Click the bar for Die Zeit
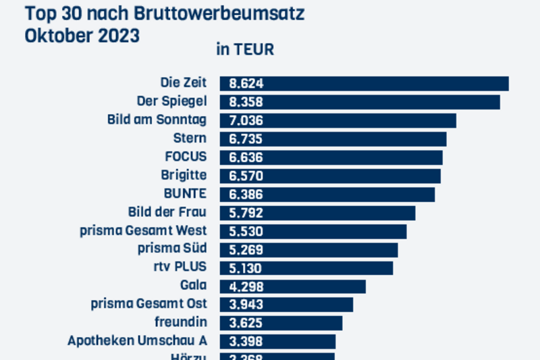coord(364,84)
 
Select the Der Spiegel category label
coord(171,102)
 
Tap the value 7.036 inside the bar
coord(246,121)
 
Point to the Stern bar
coord(333,139)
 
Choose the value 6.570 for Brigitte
coord(246,176)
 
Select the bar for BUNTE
coord(327,195)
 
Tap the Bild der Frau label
coord(167,212)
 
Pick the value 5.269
coord(246,250)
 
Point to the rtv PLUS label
coord(180,266)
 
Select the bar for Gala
coord(293,286)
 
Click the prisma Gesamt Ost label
coord(149,303)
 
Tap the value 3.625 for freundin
coord(246,324)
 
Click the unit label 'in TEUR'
coord(244,50)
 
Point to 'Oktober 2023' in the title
coord(82,36)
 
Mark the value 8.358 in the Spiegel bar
coord(246,103)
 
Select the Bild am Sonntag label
coord(157,120)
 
